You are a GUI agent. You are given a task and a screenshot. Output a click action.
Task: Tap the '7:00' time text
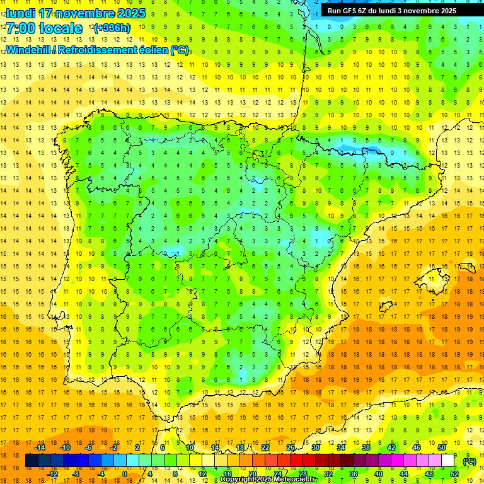(x=20, y=28)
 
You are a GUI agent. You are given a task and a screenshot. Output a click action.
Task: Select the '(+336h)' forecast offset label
(x=112, y=28)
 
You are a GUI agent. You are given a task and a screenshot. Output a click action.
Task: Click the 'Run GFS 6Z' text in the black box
(x=349, y=11)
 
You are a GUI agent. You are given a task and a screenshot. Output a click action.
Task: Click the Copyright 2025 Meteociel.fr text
(x=268, y=480)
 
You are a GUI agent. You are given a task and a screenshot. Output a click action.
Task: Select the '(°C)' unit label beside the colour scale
(x=469, y=461)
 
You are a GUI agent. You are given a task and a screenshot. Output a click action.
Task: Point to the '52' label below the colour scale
(x=454, y=474)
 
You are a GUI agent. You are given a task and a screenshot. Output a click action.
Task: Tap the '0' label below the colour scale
(x=125, y=474)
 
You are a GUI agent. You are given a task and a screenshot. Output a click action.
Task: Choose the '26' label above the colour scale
(x=291, y=447)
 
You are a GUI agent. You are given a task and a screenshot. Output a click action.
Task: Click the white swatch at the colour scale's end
(x=447, y=461)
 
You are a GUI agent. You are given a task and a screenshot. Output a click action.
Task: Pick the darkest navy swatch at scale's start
(x=32, y=461)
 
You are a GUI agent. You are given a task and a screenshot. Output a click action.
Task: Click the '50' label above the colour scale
(x=441, y=447)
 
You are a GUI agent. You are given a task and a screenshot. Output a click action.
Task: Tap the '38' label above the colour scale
(x=366, y=447)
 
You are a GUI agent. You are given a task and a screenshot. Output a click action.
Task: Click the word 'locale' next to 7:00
(x=62, y=28)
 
